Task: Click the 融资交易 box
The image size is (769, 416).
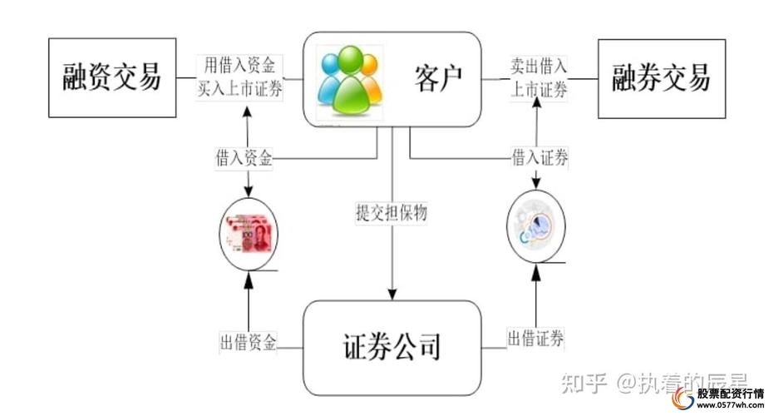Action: coord(112,77)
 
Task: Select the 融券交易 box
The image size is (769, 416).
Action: coord(662,77)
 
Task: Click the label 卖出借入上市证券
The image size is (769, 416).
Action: coord(539,77)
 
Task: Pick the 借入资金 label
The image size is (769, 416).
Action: coord(243,158)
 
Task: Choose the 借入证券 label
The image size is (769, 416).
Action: coord(540,157)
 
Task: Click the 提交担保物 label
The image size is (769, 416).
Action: coord(391,213)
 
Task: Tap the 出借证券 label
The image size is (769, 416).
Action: coord(536,338)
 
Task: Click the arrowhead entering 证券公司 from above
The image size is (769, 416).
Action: coord(392,293)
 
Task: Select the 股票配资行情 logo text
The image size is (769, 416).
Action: coord(730,394)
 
